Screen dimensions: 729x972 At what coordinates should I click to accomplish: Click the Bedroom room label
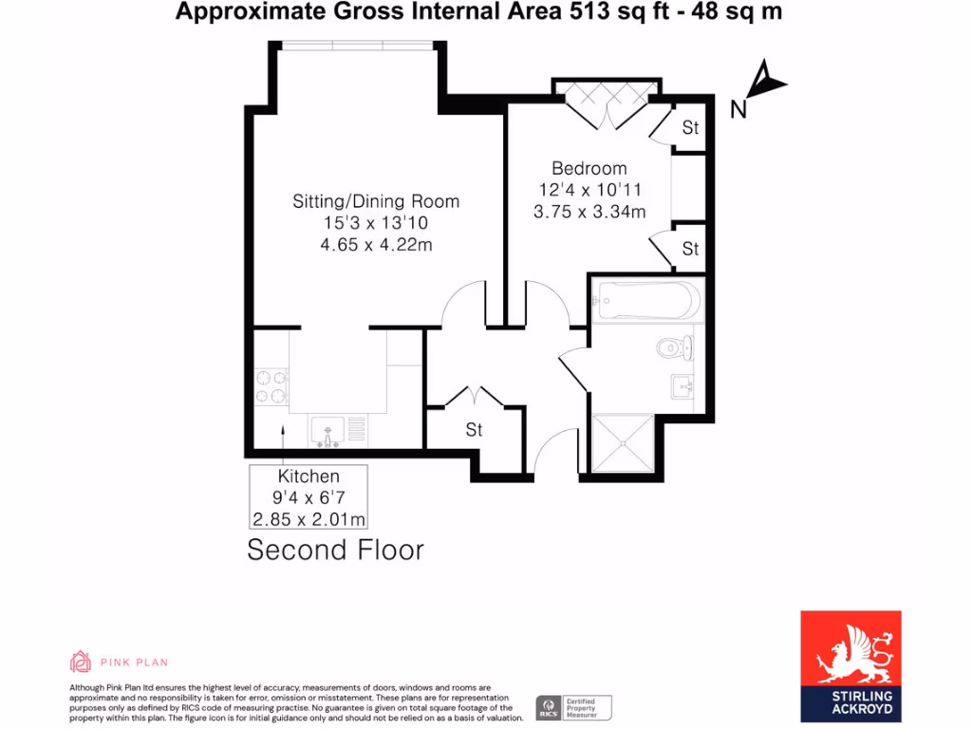[589, 169]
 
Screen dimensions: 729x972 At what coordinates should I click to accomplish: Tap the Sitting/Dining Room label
[376, 201]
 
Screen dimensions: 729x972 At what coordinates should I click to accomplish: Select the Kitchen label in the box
[308, 477]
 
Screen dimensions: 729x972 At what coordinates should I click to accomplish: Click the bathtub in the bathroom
[645, 301]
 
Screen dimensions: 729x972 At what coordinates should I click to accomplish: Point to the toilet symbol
[673, 347]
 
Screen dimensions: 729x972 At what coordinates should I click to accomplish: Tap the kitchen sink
[327, 432]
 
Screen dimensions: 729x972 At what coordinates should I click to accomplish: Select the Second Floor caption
[335, 550]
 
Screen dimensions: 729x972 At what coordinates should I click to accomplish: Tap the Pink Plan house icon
[81, 661]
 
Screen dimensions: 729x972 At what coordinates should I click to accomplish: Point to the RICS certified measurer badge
[573, 707]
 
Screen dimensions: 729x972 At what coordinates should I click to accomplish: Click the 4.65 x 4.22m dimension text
[376, 245]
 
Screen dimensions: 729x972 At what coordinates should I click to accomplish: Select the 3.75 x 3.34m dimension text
[589, 212]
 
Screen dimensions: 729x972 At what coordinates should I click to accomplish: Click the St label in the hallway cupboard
[474, 430]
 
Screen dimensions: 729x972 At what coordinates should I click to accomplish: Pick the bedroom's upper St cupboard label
[690, 127]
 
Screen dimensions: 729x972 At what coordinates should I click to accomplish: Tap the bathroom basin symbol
[682, 386]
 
